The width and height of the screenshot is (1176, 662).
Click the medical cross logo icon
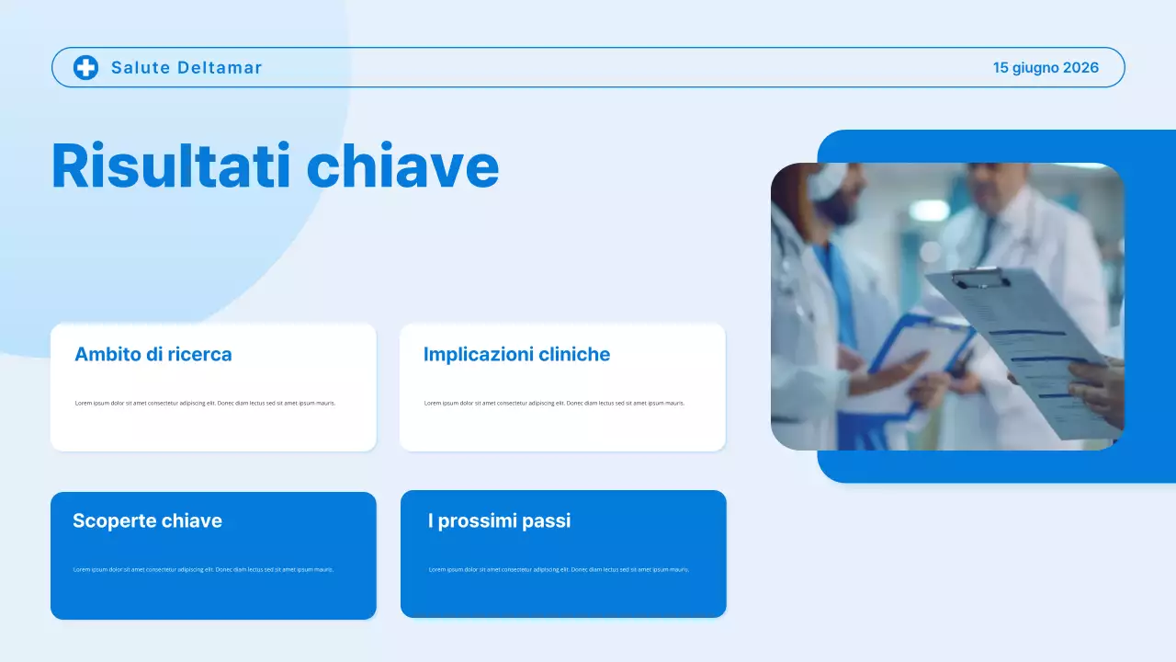coord(85,67)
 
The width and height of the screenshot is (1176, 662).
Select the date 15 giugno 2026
coord(1046,67)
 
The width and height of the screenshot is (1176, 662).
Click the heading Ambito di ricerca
coord(153,354)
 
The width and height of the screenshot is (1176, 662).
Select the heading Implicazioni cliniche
coord(516,354)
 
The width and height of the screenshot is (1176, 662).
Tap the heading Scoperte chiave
coord(147,520)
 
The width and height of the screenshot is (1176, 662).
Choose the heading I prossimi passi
coord(499,520)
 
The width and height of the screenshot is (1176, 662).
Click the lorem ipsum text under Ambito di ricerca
coord(205,403)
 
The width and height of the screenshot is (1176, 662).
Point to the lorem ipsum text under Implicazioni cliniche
coord(554,403)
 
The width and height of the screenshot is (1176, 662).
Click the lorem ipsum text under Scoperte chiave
coord(203,569)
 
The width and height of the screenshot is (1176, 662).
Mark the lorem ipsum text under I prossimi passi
coord(559,569)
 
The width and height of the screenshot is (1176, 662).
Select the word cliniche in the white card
coord(574,354)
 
